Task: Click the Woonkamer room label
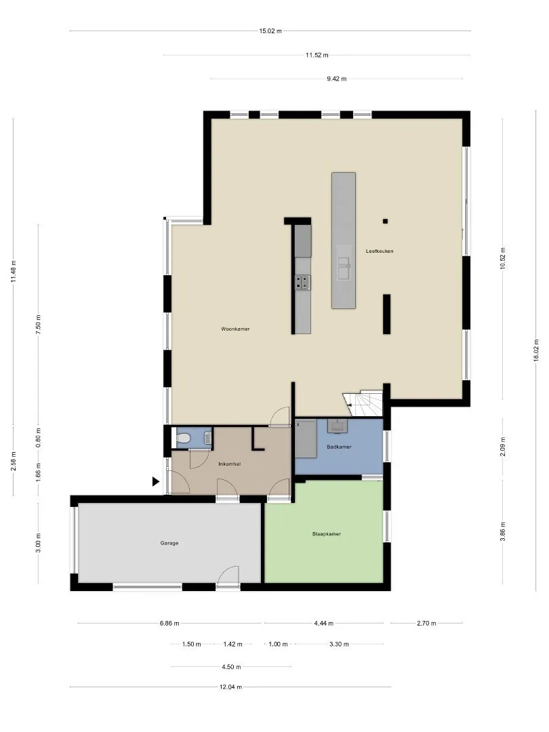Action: pyautogui.click(x=235, y=329)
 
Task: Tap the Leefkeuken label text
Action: pyautogui.click(x=380, y=251)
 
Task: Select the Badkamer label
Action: pyautogui.click(x=339, y=447)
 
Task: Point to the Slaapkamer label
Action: pyautogui.click(x=326, y=534)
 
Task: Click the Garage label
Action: pyautogui.click(x=169, y=544)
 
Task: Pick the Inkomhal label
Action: pyautogui.click(x=230, y=464)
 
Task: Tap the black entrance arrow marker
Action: pyautogui.click(x=156, y=481)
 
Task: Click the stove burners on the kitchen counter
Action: pyautogui.click(x=302, y=282)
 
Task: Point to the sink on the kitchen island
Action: pyautogui.click(x=344, y=268)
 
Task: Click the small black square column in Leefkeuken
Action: pyautogui.click(x=386, y=221)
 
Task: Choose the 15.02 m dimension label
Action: pyautogui.click(x=270, y=31)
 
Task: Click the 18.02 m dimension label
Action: pyautogui.click(x=536, y=350)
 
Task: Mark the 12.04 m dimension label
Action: pyautogui.click(x=230, y=687)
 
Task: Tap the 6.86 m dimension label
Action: pyautogui.click(x=169, y=623)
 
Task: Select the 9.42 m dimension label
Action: pyautogui.click(x=337, y=79)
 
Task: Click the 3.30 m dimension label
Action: pyautogui.click(x=339, y=645)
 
